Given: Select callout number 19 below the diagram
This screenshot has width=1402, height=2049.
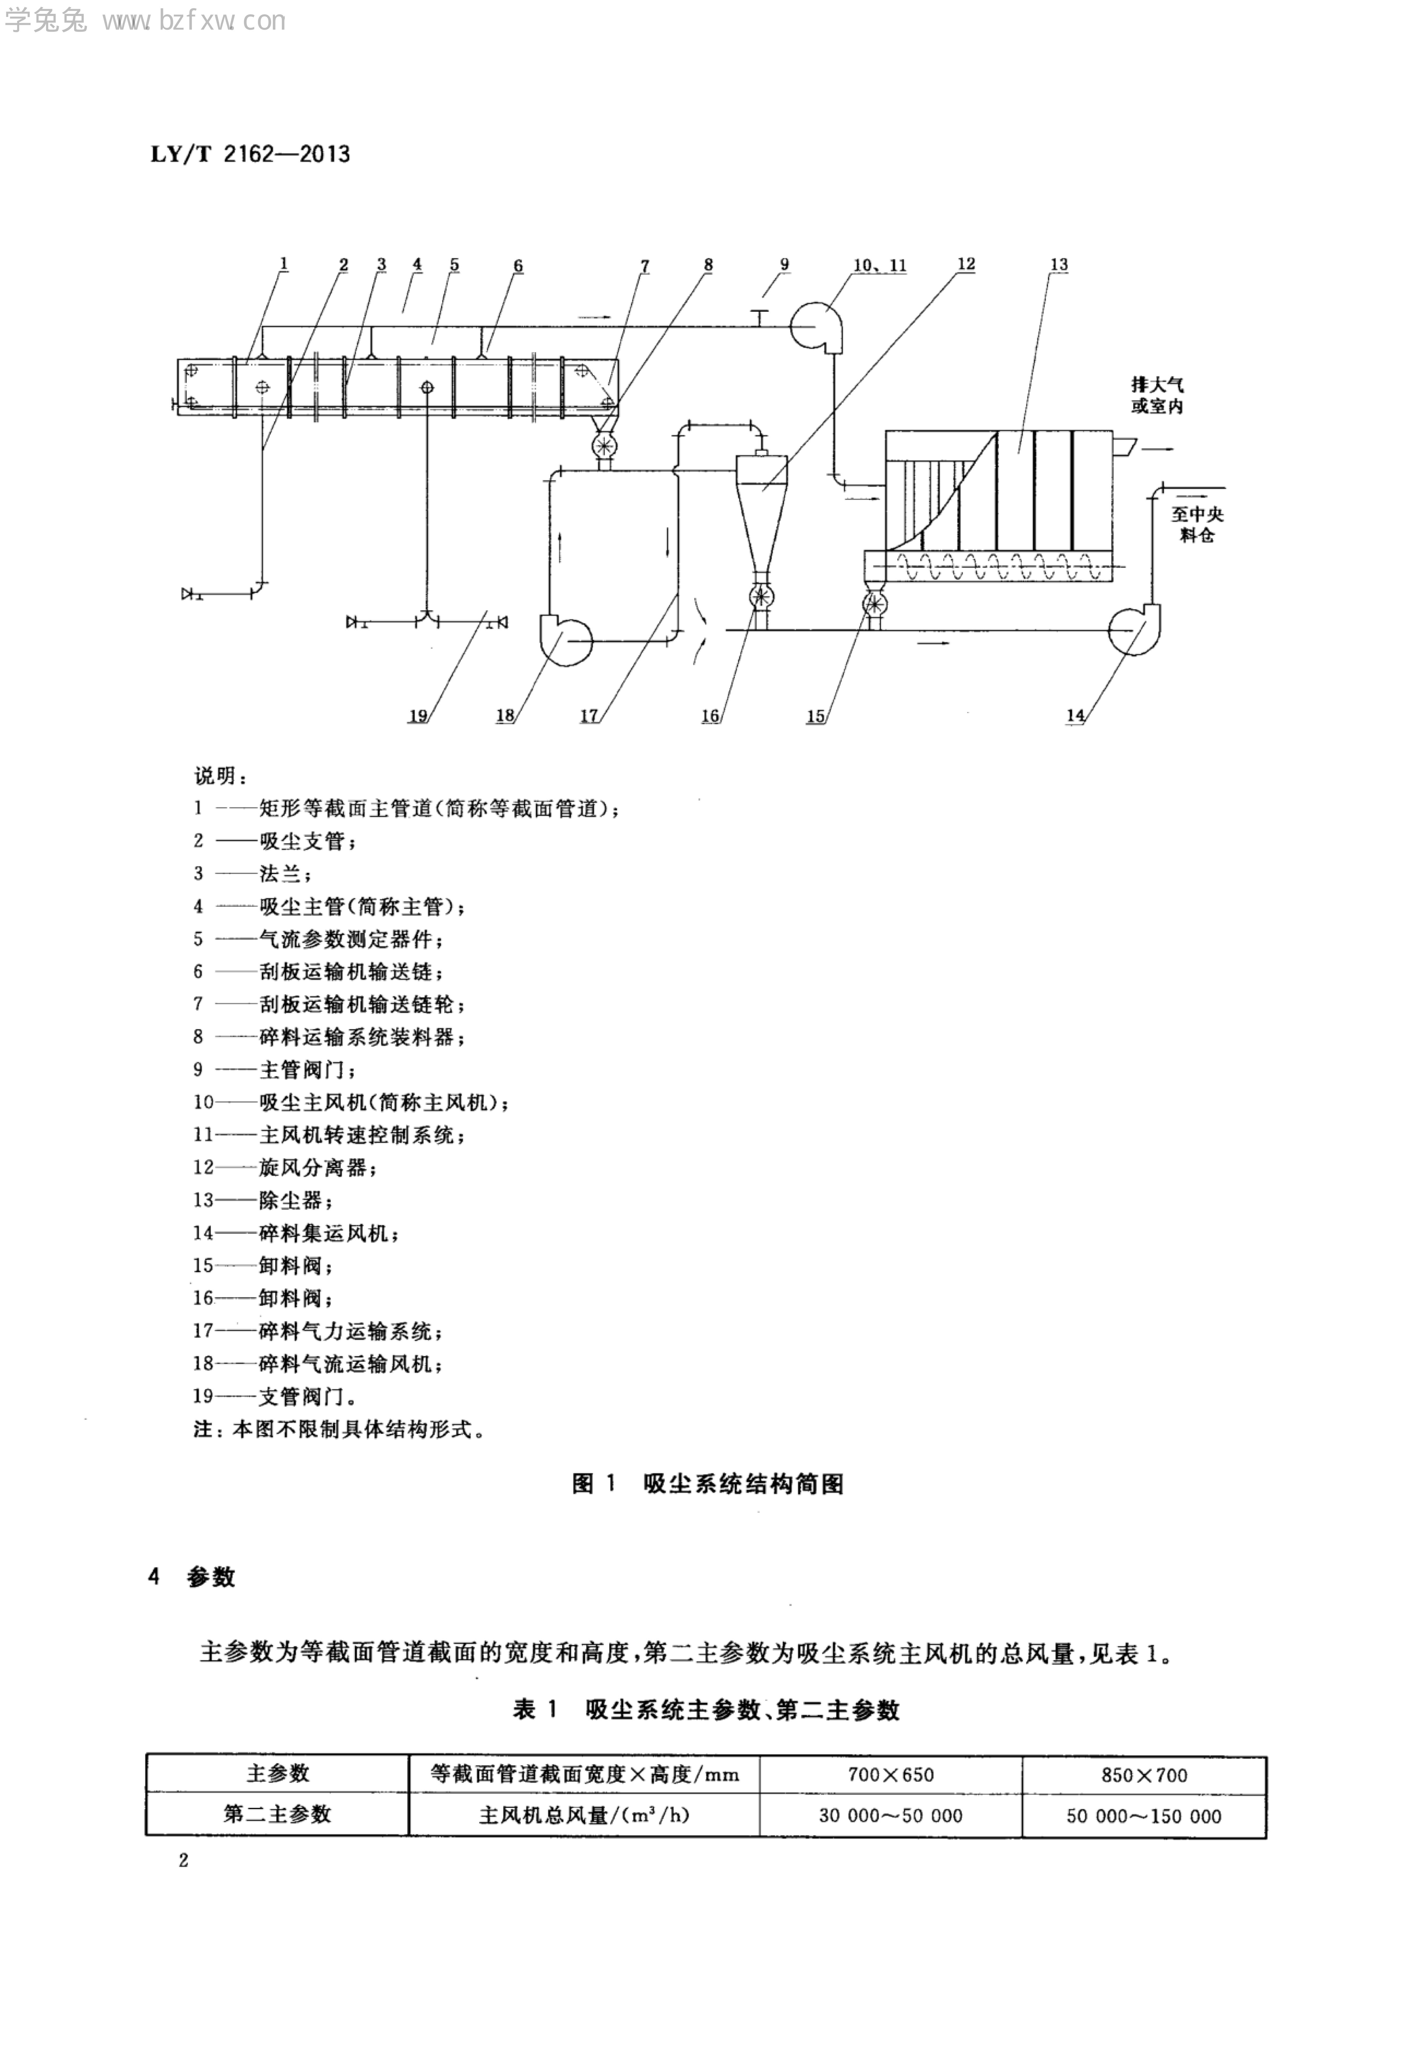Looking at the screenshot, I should [x=417, y=716].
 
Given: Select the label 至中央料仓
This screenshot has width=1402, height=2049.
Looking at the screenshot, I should [x=1197, y=524].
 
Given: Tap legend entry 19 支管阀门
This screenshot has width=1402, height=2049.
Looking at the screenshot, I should [x=275, y=1396].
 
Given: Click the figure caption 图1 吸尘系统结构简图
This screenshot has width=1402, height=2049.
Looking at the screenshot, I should [x=708, y=1484].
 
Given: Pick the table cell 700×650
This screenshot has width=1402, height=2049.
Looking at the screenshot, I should [x=890, y=1775].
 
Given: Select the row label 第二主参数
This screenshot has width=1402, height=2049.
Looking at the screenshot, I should [x=277, y=1815].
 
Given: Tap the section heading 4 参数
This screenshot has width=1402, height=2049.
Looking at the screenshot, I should [x=192, y=1576].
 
